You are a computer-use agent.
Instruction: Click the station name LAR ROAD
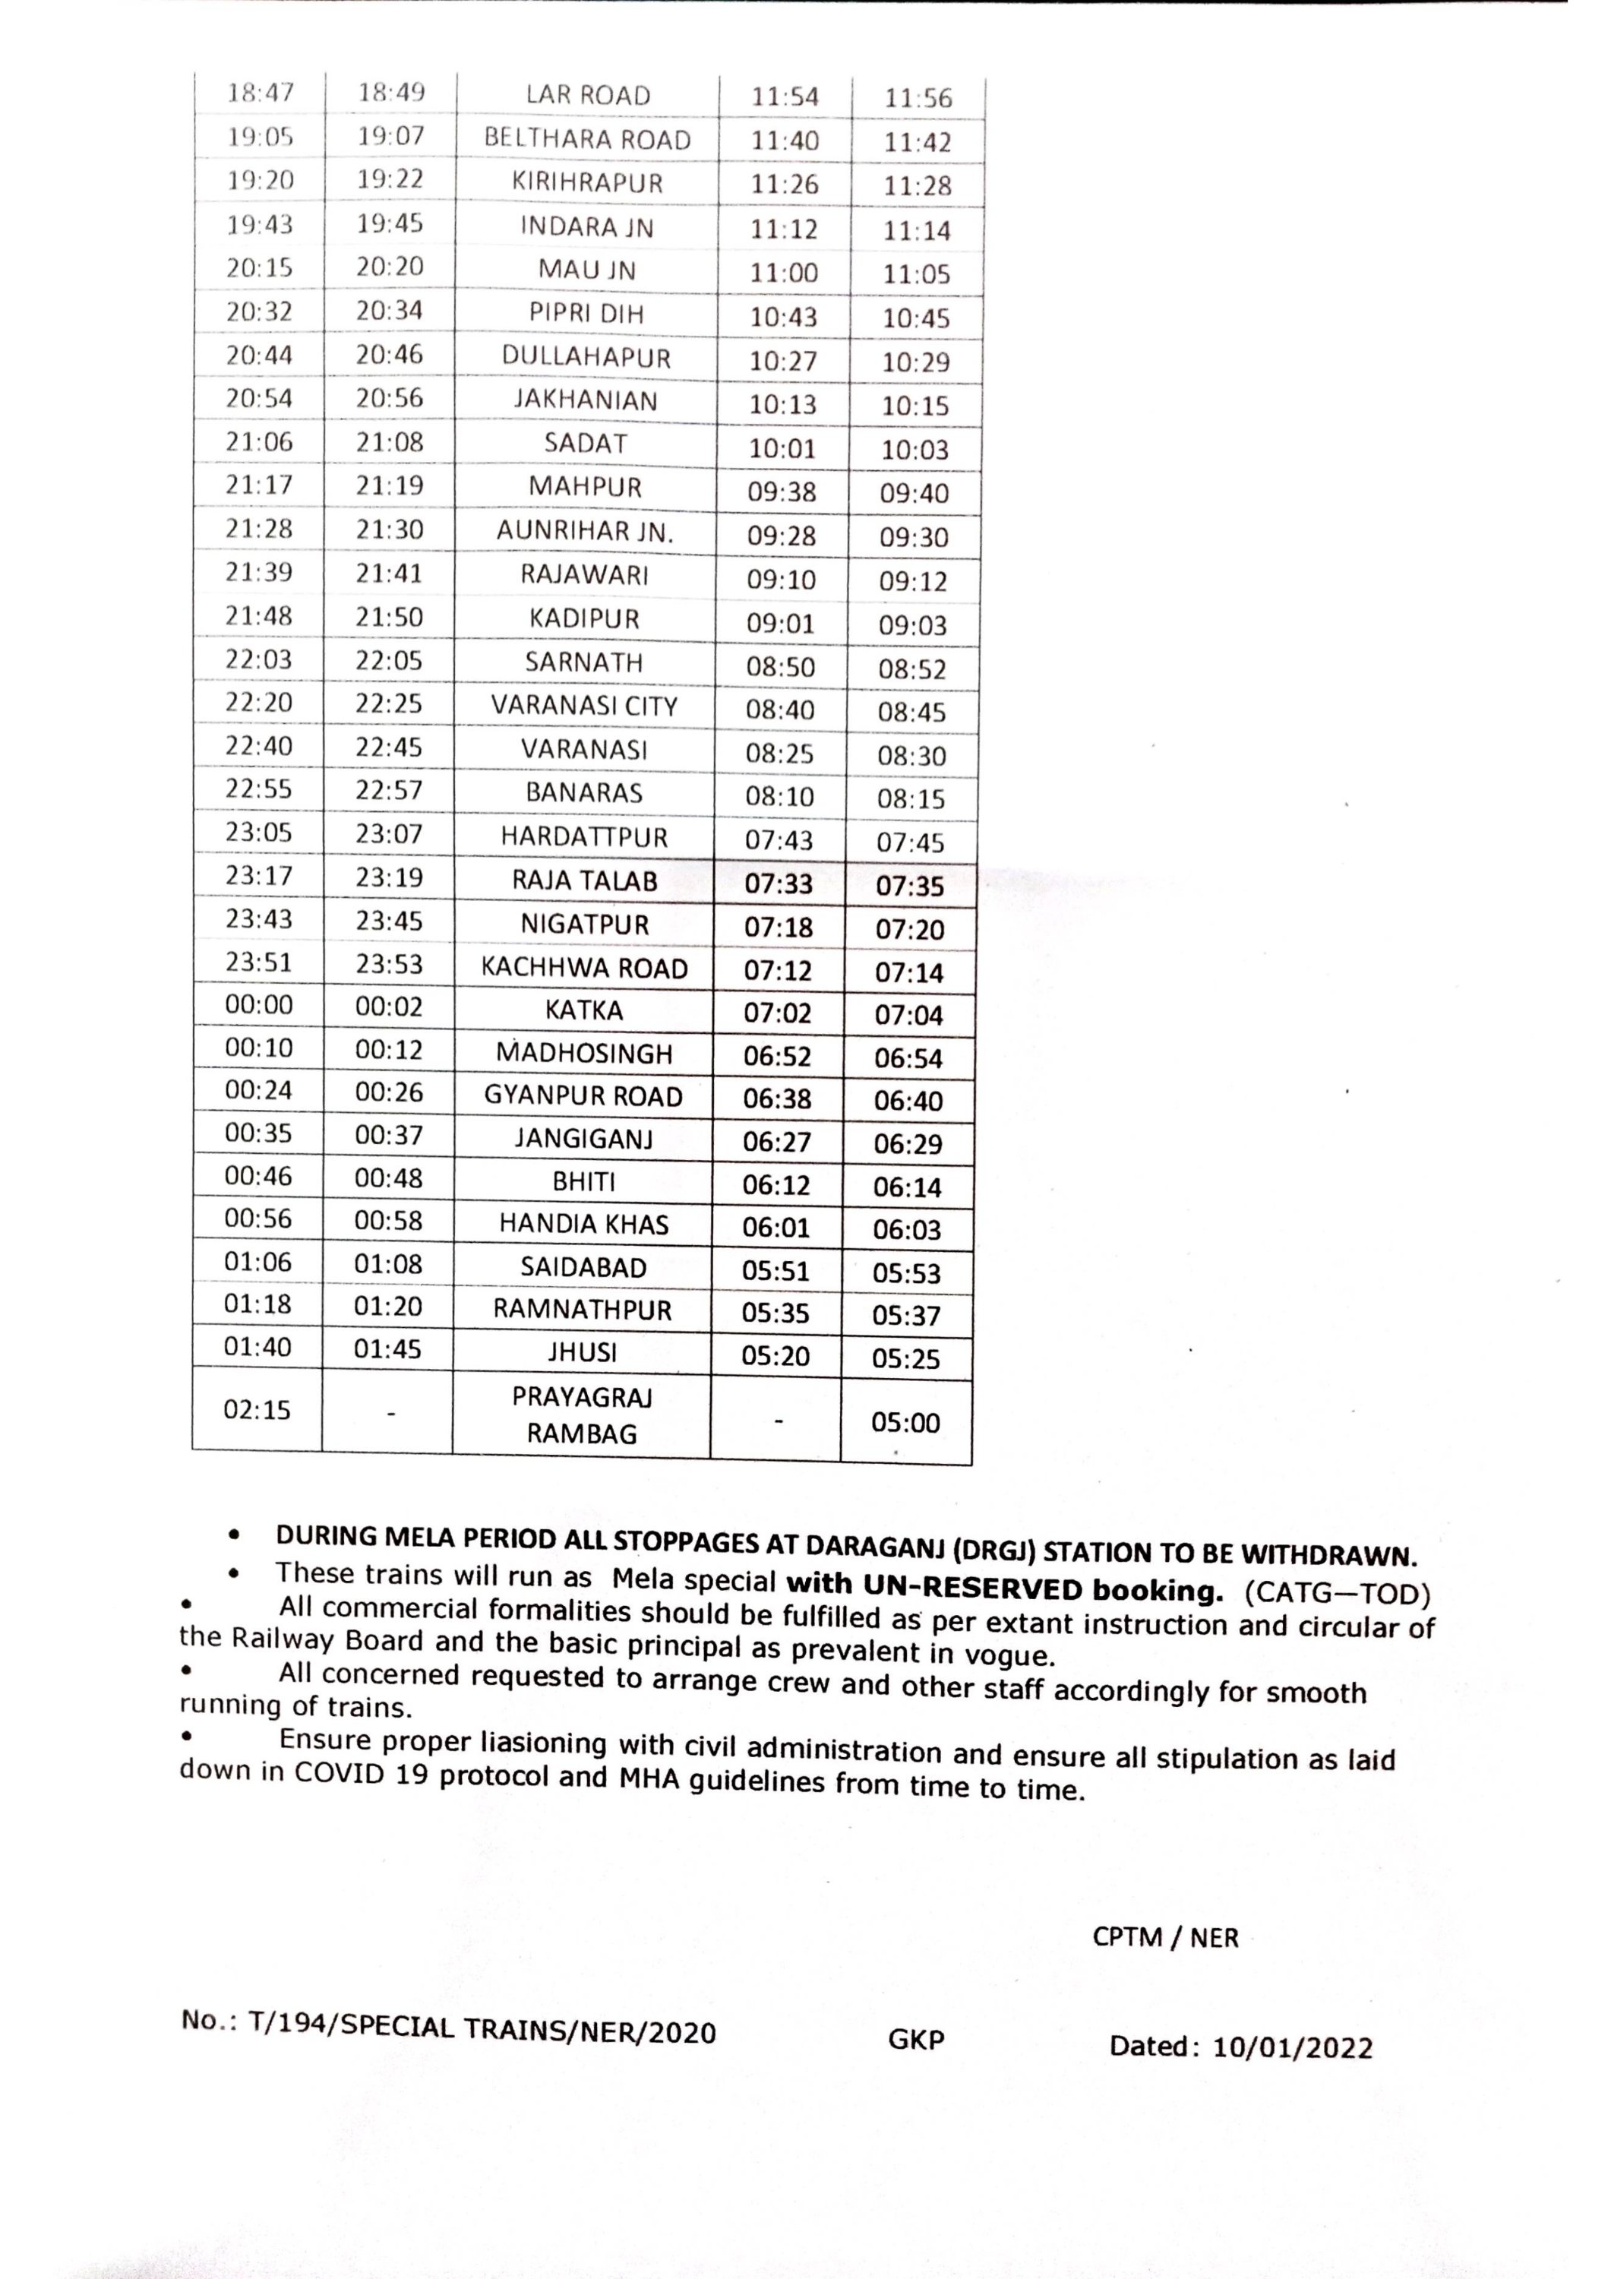(588, 95)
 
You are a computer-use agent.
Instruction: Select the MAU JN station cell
(586, 269)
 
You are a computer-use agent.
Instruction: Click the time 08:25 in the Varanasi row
(779, 754)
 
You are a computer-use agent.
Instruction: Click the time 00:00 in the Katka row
(258, 1004)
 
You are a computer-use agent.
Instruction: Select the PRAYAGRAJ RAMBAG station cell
(582, 1414)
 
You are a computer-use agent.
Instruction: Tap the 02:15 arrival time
(256, 1409)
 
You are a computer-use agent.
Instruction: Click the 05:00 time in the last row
(905, 1422)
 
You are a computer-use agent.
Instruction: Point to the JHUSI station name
(583, 1352)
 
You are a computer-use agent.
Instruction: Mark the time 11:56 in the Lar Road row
(918, 98)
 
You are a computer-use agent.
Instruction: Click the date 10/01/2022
(1293, 2048)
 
